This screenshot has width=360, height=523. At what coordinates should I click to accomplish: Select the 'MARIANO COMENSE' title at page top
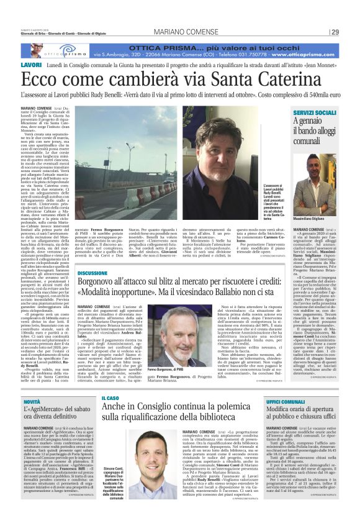pyautogui.click(x=180, y=32)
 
